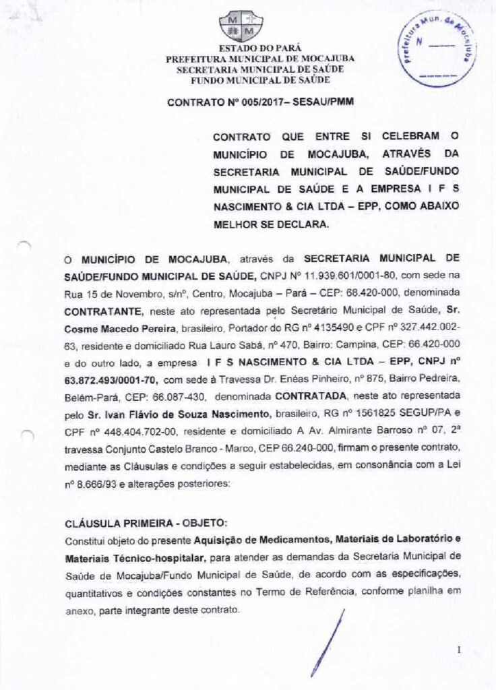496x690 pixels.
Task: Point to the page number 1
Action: click(458, 650)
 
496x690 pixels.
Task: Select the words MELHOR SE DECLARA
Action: click(272, 226)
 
